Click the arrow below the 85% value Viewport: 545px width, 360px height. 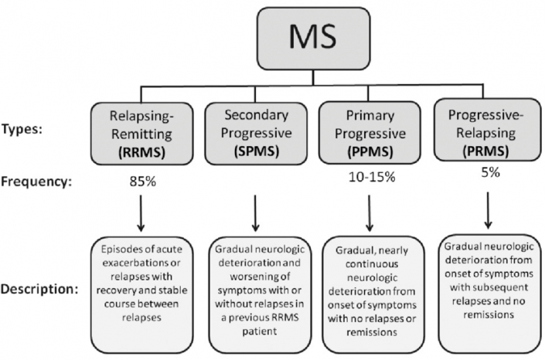(141, 214)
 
